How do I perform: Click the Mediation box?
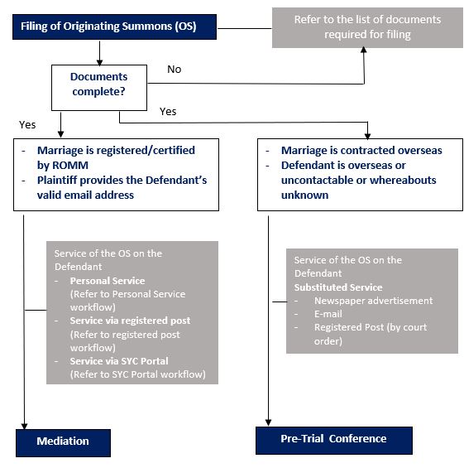coord(63,441)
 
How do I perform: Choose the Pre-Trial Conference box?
coord(333,439)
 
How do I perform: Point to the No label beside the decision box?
coord(174,70)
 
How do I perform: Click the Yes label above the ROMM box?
coord(26,124)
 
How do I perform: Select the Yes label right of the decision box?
coord(168,110)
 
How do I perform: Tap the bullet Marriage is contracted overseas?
coord(361,151)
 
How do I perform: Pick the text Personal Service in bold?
coord(107,281)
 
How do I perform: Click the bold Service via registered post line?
coord(130,321)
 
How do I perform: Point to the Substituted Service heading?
coord(338,287)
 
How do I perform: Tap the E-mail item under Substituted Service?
coord(329,314)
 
